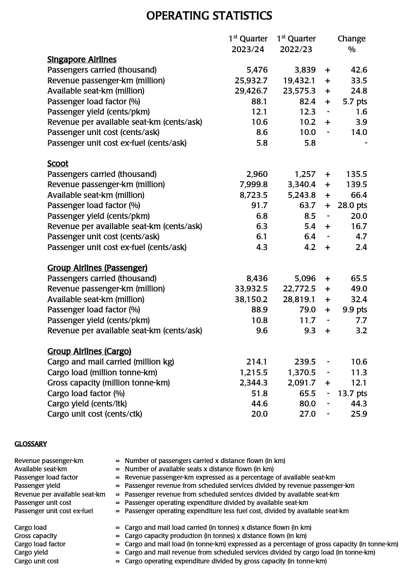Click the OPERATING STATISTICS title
(x=209, y=16)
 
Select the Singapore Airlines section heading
(x=82, y=59)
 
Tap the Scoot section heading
(x=57, y=164)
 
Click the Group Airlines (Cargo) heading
(x=89, y=351)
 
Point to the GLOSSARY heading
(x=31, y=444)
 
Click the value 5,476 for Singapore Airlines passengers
(x=257, y=70)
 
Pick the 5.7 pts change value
(x=355, y=101)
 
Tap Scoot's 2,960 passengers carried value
(x=257, y=174)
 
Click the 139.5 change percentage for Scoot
(x=358, y=185)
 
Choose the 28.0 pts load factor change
(x=353, y=206)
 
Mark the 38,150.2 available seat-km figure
(x=251, y=299)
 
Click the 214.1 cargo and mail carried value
(x=257, y=362)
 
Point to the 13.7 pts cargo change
(x=353, y=393)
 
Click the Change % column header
(x=351, y=44)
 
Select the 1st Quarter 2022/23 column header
(x=296, y=44)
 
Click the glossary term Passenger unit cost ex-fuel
(x=54, y=511)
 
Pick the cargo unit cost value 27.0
(x=307, y=414)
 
